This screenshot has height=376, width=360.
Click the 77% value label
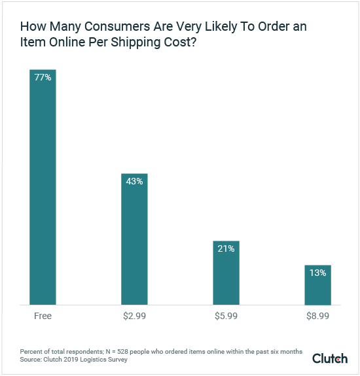43,77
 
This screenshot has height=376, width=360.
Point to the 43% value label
134,182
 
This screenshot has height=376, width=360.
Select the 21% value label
226,249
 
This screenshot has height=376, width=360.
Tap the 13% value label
317,273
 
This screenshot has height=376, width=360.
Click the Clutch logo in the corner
330,358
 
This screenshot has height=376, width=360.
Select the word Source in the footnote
29,360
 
